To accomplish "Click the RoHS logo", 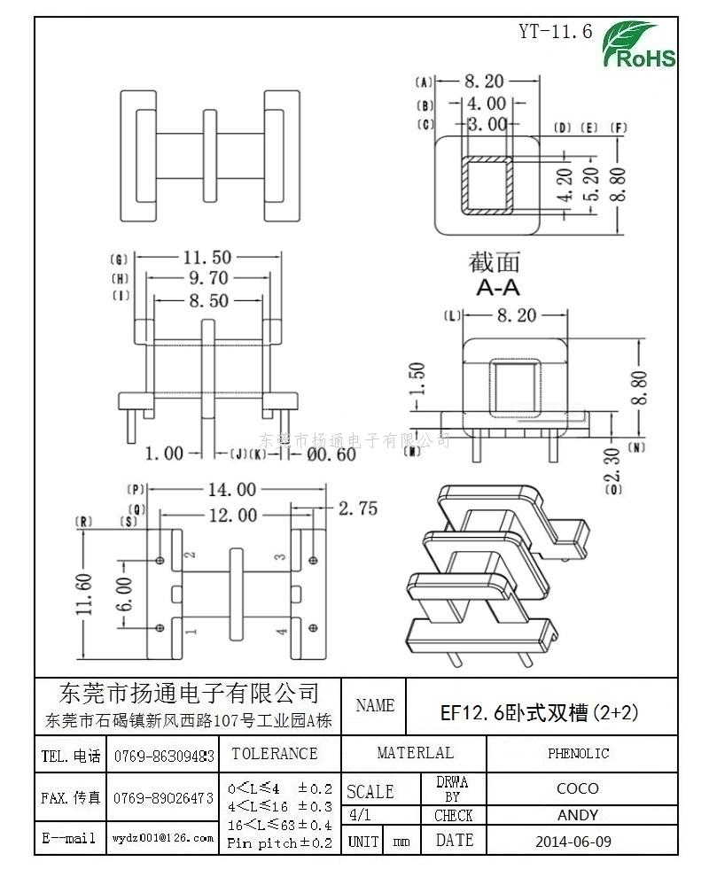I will coord(639,45).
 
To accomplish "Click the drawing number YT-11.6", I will coord(555,32).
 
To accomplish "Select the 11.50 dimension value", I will coord(207,258).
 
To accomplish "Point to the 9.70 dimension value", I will coord(206,279).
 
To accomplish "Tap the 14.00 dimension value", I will coord(232,489).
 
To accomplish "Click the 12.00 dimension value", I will coord(227,515).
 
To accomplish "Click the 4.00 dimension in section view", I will coord(487,104).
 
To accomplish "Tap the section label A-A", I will coord(497,288).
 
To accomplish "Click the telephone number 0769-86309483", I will coord(164,756).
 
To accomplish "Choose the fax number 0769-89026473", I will coord(164,797).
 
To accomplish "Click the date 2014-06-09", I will coord(573,841).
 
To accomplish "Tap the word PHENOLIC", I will coord(578,754).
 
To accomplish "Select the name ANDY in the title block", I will coord(578,815).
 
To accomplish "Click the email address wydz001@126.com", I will coord(162,837).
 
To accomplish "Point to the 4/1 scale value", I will coord(361,815).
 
